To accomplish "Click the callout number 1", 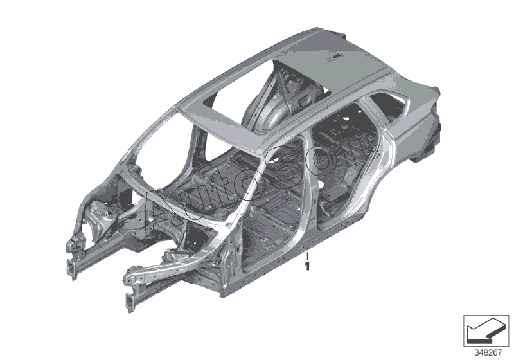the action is click(x=307, y=266).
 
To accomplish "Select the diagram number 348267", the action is click(x=488, y=353).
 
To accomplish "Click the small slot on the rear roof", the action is click(x=337, y=57).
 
